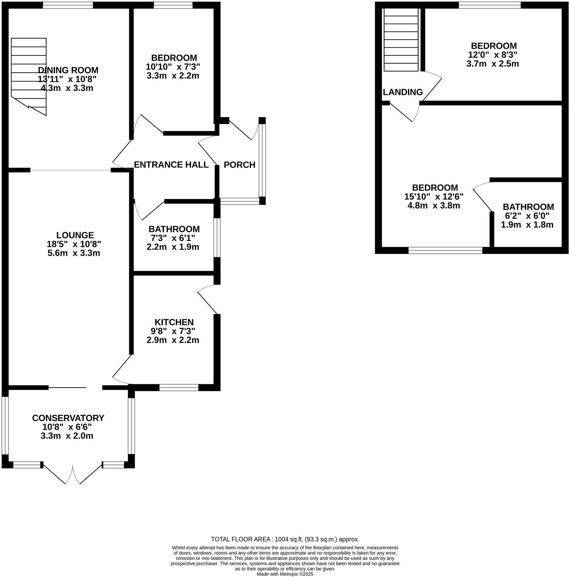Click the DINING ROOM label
click(x=68, y=70)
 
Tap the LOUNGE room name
click(x=75, y=235)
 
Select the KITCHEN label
click(x=174, y=322)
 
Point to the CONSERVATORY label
click(x=68, y=418)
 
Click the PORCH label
click(x=240, y=165)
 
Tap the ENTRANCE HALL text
click(x=171, y=165)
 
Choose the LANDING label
click(x=403, y=92)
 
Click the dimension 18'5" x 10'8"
click(x=74, y=244)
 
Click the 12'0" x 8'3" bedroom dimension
click(x=493, y=55)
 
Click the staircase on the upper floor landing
click(x=401, y=40)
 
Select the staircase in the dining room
click(x=29, y=74)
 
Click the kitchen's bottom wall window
click(x=179, y=388)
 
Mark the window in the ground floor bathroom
click(x=217, y=238)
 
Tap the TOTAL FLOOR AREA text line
click(x=285, y=539)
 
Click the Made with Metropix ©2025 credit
click(x=285, y=574)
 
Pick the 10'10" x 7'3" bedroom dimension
click(x=173, y=67)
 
